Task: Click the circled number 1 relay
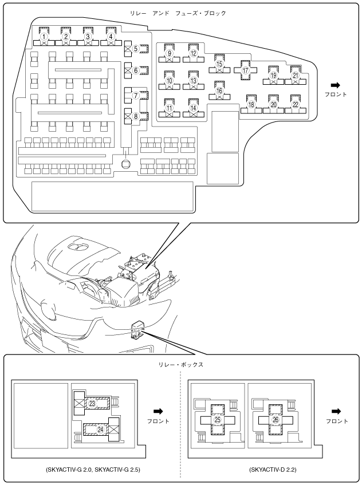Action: tap(44, 37)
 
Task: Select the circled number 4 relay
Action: tap(112, 37)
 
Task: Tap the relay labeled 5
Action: tap(136, 49)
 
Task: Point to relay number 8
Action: tap(136, 116)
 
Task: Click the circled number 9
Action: tap(170, 53)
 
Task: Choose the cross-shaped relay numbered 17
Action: tap(246, 70)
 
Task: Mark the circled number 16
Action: tap(219, 90)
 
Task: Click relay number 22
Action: tap(296, 105)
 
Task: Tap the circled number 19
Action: tap(274, 76)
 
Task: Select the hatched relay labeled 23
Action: tap(92, 404)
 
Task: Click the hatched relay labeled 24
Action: tap(101, 428)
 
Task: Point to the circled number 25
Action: tap(217, 420)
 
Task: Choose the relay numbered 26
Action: tap(276, 420)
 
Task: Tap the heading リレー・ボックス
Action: tap(182, 364)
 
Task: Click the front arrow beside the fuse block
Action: tap(335, 85)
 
